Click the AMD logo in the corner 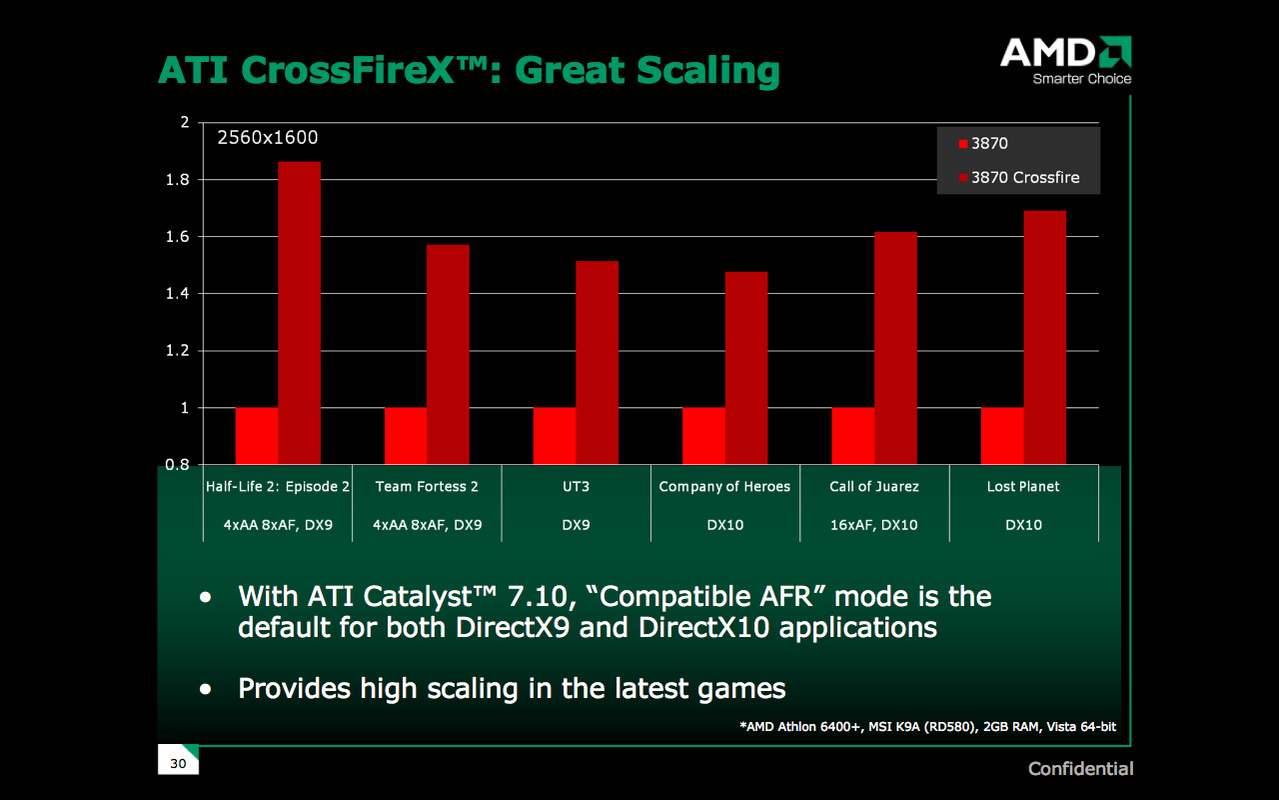pos(1065,60)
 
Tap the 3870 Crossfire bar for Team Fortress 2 pos(448,354)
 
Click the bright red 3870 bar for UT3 pos(555,435)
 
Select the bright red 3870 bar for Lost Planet pos(1002,435)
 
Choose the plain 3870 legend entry pos(989,144)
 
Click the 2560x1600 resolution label pos(268,139)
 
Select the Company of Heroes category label pos(724,487)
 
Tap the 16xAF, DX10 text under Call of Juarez pos(873,525)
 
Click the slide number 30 pos(178,764)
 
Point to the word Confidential pos(1081,769)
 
